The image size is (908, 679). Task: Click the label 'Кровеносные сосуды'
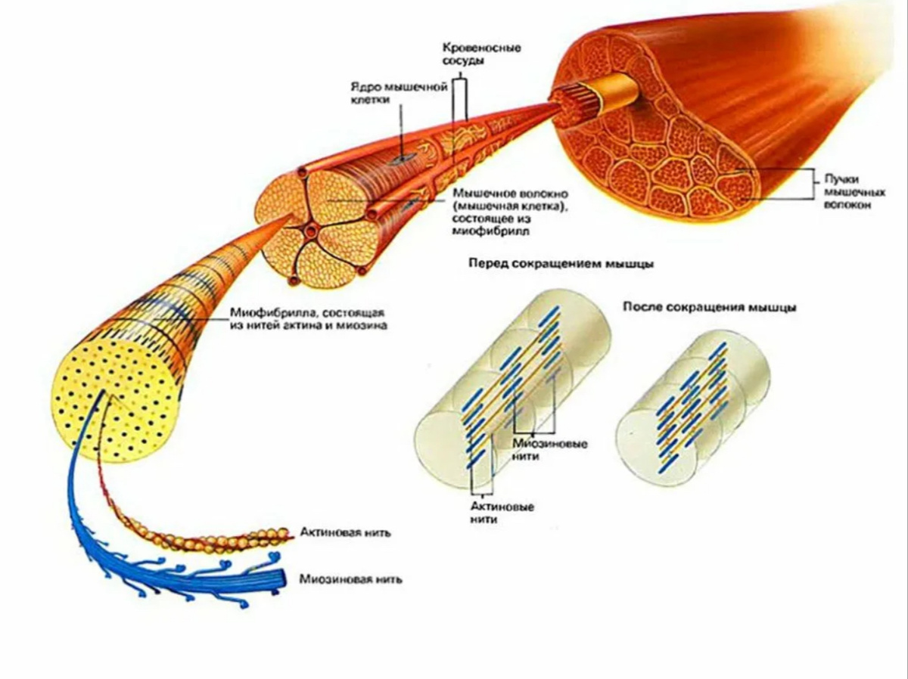pyautogui.click(x=482, y=54)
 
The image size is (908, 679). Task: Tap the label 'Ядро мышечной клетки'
pyautogui.click(x=400, y=94)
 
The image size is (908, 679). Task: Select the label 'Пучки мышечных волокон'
pyautogui.click(x=854, y=192)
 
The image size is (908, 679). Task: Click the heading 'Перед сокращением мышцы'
pyautogui.click(x=561, y=264)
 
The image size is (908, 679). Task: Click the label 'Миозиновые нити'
pyautogui.click(x=550, y=450)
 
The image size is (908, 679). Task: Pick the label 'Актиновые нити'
pyautogui.click(x=502, y=513)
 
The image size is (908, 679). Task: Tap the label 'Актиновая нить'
pyautogui.click(x=345, y=532)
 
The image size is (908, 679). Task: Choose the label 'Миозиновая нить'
pyautogui.click(x=351, y=578)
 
